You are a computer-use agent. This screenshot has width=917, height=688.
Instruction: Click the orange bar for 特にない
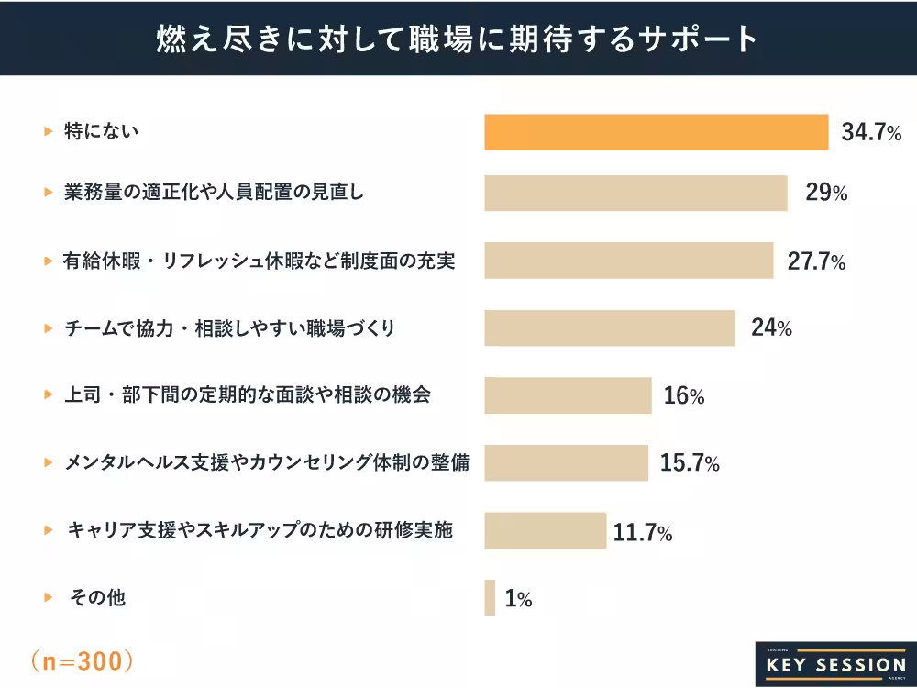(x=656, y=132)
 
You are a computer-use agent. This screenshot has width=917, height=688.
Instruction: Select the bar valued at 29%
(x=635, y=194)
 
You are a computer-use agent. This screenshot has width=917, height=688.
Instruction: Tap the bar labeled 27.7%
(x=629, y=261)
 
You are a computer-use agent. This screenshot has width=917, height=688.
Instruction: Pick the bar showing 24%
(x=610, y=327)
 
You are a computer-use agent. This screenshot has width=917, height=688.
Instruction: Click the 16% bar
(x=568, y=395)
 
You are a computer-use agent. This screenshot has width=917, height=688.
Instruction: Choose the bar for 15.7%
(x=566, y=462)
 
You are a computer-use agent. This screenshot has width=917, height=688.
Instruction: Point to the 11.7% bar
(x=546, y=530)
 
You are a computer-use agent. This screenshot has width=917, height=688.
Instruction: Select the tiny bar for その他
(x=490, y=598)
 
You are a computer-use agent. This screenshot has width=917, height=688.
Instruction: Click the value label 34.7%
(x=871, y=133)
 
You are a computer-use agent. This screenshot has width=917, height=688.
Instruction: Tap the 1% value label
(x=518, y=600)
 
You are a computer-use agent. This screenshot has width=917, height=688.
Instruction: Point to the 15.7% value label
(x=690, y=464)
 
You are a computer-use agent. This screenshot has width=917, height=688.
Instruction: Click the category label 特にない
(x=101, y=132)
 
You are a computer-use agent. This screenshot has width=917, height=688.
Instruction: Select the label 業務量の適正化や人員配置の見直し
(x=214, y=194)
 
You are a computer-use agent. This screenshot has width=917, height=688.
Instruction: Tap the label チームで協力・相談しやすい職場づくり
(x=229, y=327)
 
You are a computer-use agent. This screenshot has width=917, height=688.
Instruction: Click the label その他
(x=98, y=598)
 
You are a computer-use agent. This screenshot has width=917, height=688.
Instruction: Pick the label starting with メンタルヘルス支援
(x=266, y=462)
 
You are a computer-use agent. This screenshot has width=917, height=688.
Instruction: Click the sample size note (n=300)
(x=83, y=660)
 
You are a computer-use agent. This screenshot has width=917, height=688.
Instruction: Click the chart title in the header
(x=458, y=38)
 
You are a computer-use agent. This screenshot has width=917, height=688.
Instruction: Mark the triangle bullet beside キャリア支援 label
(x=49, y=530)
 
